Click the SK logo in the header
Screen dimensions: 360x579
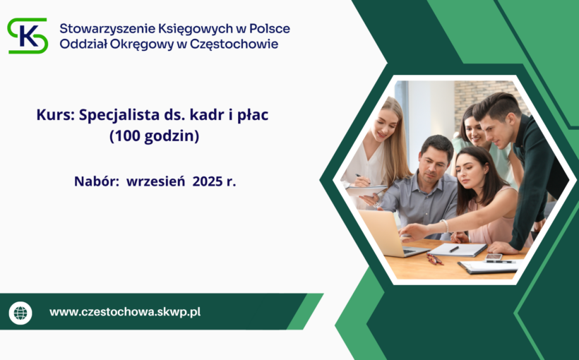pyautogui.click(x=28, y=35)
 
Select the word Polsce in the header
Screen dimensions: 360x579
pyautogui.click(x=268, y=29)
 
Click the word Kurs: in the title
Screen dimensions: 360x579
pyautogui.click(x=54, y=115)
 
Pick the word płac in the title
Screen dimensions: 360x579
pyautogui.click(x=251, y=115)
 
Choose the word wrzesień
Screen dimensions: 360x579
pyautogui.click(x=156, y=181)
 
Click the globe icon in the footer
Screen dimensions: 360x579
pyautogui.click(x=20, y=312)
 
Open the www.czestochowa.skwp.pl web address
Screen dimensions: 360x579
pyautogui.click(x=125, y=311)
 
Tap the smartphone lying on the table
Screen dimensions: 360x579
pyautogui.click(x=494, y=258)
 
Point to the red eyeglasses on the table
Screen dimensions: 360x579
pyautogui.click(x=433, y=259)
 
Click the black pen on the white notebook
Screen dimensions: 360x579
pyautogui.click(x=454, y=248)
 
